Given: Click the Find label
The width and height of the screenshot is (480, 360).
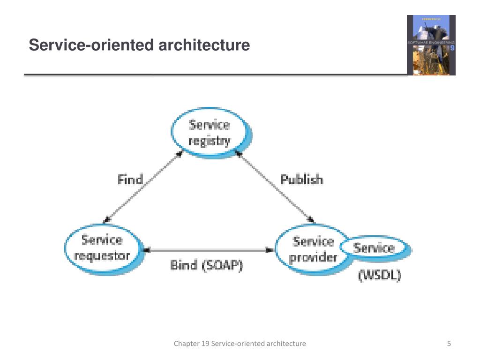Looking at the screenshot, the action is (x=130, y=180).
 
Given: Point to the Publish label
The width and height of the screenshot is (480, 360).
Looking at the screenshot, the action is (x=301, y=180).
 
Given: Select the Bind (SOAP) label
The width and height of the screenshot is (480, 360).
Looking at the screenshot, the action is (x=206, y=265).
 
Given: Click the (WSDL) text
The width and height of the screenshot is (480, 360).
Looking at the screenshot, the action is (x=380, y=275).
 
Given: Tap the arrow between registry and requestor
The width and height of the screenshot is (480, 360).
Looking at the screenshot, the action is (x=143, y=187).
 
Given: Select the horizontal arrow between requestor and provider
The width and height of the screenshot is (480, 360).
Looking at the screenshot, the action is (x=209, y=250).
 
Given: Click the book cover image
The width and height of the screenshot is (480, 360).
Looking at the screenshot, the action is (x=431, y=45).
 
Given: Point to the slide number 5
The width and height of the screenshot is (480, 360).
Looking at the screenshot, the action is (x=449, y=344).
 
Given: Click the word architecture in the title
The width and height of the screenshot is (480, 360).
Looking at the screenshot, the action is (x=204, y=45).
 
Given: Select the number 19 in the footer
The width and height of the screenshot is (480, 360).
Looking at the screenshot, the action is (x=205, y=344).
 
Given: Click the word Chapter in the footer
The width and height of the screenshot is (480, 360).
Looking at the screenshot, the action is (x=187, y=344).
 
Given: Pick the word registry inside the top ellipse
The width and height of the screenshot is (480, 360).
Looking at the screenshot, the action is (x=209, y=141).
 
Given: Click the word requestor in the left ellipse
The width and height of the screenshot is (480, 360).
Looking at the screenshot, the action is (x=102, y=255).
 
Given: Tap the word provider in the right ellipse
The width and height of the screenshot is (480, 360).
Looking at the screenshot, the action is (x=313, y=257).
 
